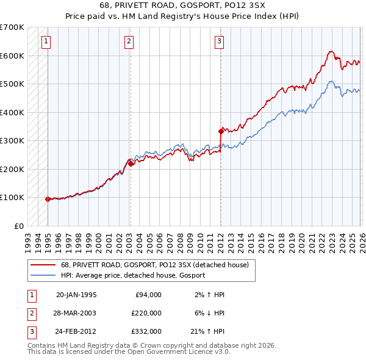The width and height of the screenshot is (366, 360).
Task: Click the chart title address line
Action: (x=182, y=4)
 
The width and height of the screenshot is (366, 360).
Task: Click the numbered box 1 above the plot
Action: (x=47, y=41)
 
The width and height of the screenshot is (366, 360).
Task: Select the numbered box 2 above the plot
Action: (x=129, y=41)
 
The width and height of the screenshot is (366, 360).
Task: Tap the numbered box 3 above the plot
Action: (x=219, y=41)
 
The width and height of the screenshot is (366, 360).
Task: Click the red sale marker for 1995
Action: (x=48, y=199)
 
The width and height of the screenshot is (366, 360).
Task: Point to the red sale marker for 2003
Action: (x=131, y=164)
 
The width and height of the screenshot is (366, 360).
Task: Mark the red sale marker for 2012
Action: (x=221, y=131)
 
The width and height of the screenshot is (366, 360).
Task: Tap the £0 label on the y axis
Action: (x=18, y=226)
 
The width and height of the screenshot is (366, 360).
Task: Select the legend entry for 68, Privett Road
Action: (x=154, y=265)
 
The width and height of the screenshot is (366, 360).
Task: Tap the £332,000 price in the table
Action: (x=146, y=331)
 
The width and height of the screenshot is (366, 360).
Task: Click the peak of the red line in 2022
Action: (x=330, y=52)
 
